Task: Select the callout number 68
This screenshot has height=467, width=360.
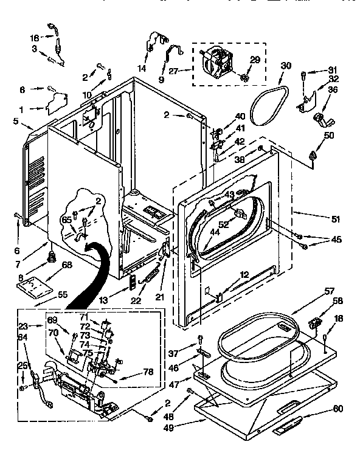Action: (66, 265)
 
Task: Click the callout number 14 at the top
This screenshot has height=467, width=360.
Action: (141, 68)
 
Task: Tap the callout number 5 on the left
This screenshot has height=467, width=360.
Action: (15, 120)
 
